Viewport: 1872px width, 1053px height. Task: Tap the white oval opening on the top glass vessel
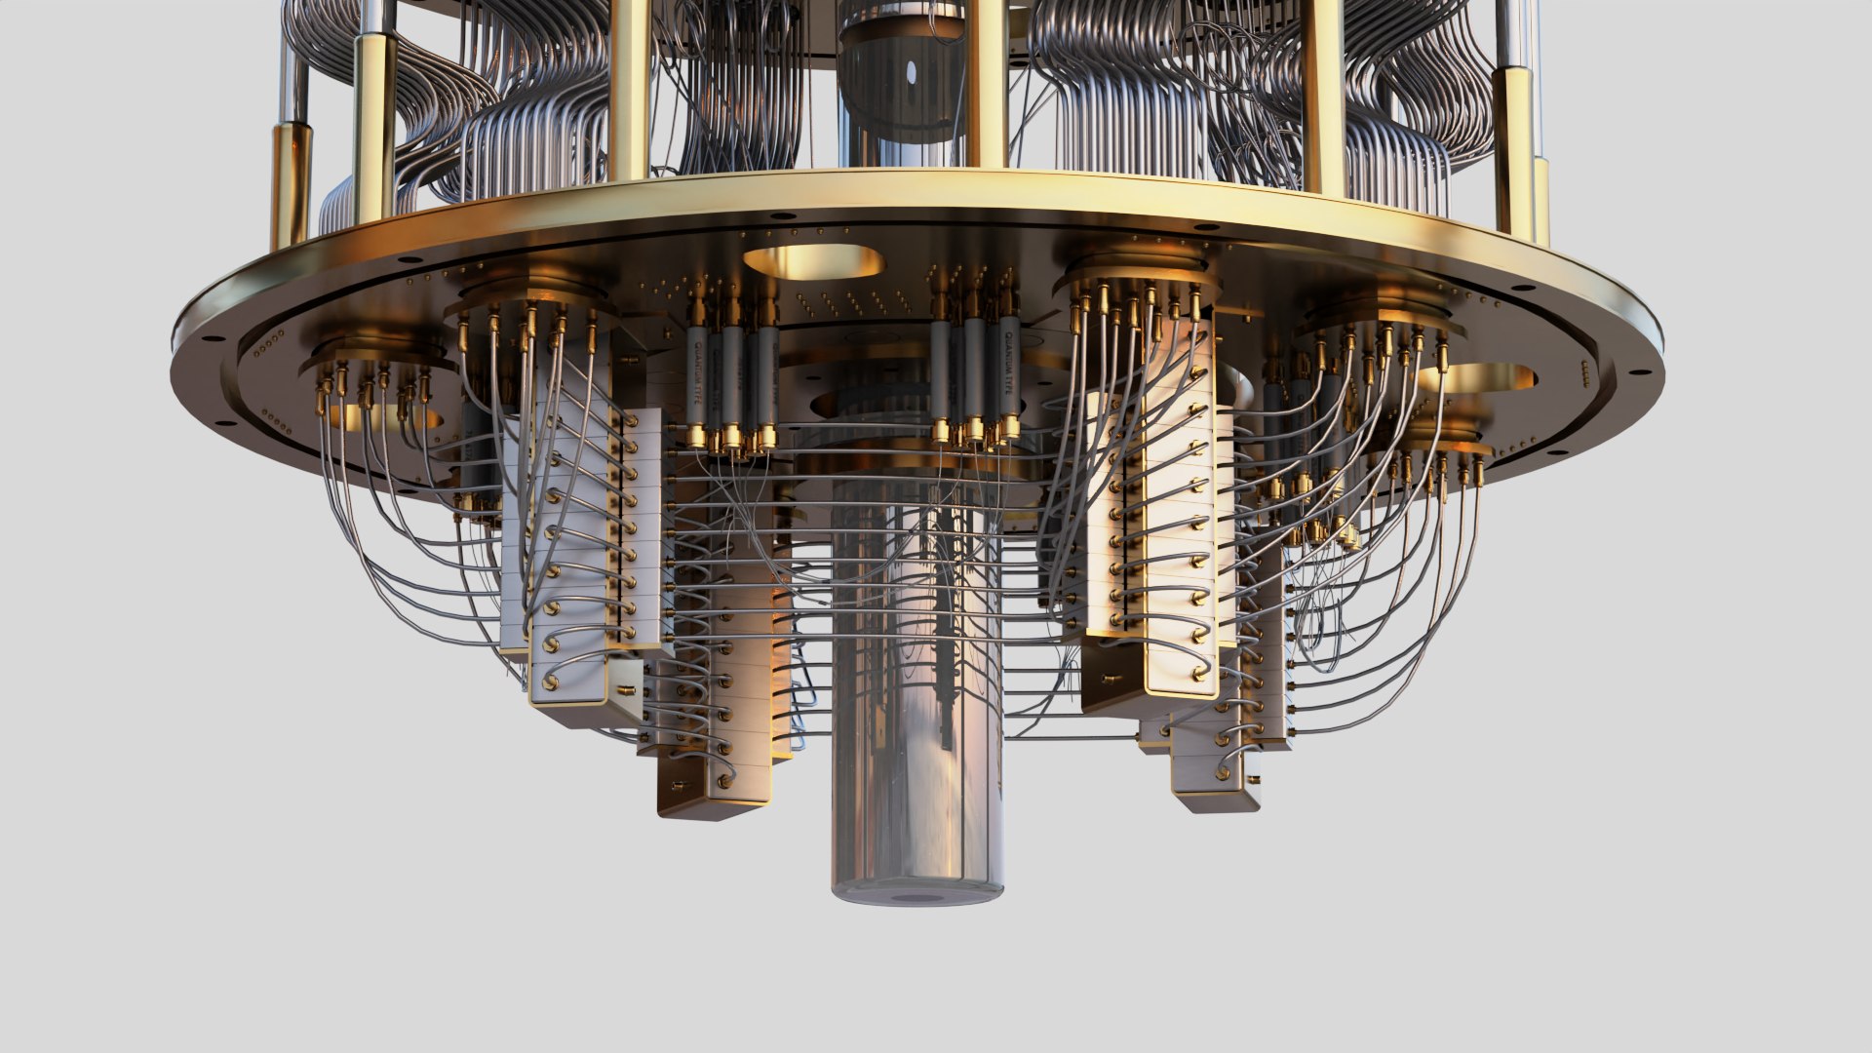pos(911,73)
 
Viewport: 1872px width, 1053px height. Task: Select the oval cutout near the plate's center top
pos(814,261)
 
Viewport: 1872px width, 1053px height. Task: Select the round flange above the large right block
pos(1136,273)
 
